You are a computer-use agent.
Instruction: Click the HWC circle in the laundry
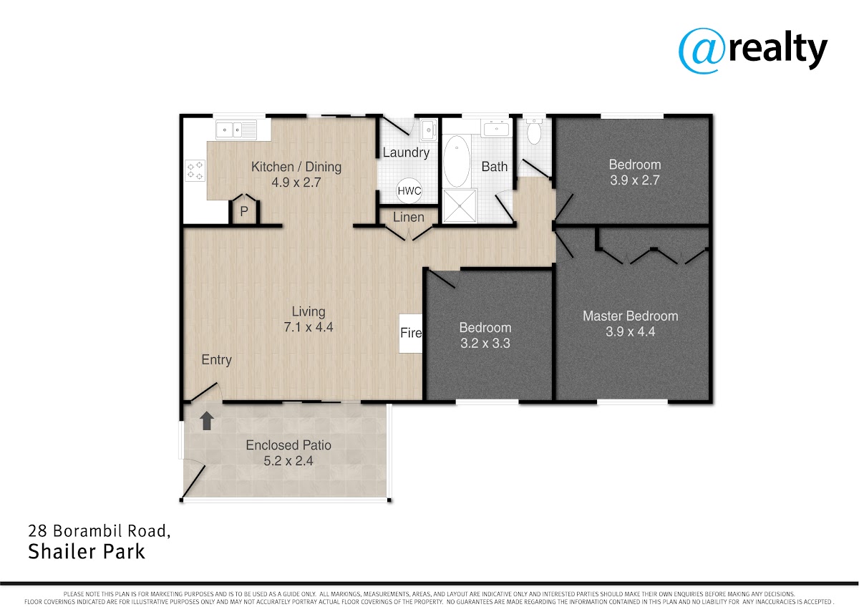pyautogui.click(x=409, y=190)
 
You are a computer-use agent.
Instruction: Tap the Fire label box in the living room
pyautogui.click(x=411, y=333)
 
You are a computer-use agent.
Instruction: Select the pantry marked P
pyautogui.click(x=244, y=211)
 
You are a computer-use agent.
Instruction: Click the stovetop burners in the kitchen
pyautogui.click(x=195, y=170)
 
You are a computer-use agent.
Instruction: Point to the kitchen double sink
pyautogui.click(x=236, y=130)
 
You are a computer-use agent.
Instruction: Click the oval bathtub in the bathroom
pyautogui.click(x=457, y=161)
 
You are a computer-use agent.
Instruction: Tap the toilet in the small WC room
pyautogui.click(x=534, y=130)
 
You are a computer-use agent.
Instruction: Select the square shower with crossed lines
pyautogui.click(x=460, y=206)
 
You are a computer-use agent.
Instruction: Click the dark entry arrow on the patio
pyautogui.click(x=207, y=421)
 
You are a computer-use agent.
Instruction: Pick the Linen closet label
pyautogui.click(x=409, y=217)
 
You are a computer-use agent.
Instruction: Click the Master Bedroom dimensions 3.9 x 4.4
pyautogui.click(x=631, y=331)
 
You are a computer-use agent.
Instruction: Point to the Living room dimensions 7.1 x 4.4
pyautogui.click(x=309, y=327)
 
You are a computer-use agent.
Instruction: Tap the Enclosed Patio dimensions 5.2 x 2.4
pyautogui.click(x=288, y=461)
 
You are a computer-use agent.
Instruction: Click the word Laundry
pyautogui.click(x=406, y=152)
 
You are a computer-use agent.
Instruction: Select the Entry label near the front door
pyautogui.click(x=217, y=360)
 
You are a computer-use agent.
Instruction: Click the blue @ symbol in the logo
pyautogui.click(x=702, y=50)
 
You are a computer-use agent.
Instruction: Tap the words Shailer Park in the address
pyautogui.click(x=87, y=552)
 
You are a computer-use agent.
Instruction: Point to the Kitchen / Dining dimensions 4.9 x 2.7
pyautogui.click(x=296, y=182)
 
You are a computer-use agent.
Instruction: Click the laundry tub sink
pyautogui.click(x=428, y=130)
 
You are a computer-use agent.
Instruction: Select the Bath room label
pyautogui.click(x=495, y=167)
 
